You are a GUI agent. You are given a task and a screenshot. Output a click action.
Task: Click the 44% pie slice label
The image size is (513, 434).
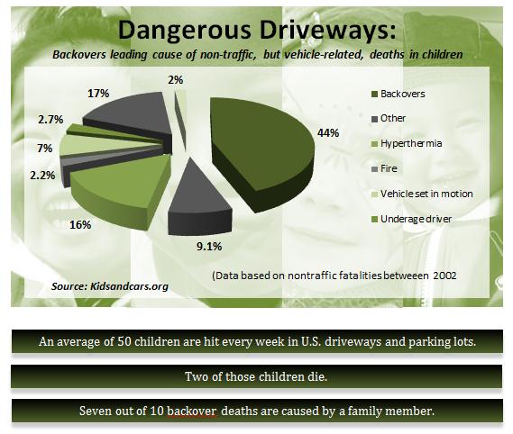coord(328,133)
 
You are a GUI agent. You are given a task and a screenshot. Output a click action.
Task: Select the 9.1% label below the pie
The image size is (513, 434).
coord(209,246)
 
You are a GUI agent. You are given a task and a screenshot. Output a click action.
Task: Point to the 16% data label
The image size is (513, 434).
coord(80,224)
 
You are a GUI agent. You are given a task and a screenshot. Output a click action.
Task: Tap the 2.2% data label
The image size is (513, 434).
coord(42,176)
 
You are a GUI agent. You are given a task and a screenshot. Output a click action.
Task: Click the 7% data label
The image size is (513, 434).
coord(45,149)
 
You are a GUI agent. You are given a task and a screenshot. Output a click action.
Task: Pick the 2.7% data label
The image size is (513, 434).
coord(50,120)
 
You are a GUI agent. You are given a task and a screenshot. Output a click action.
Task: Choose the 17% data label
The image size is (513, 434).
coord(98,94)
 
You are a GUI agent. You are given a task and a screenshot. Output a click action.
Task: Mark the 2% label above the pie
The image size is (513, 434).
coord(176,80)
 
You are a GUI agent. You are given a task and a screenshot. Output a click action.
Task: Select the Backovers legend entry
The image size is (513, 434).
coord(398,95)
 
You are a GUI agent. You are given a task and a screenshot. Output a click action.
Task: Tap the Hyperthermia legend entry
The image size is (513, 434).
coord(407,143)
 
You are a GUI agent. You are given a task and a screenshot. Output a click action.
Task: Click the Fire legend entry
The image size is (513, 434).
coord(384,168)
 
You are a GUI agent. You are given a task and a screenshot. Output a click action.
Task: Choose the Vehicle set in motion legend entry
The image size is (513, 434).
coord(422,194)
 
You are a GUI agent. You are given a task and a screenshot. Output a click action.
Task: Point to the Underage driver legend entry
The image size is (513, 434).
coord(412,219)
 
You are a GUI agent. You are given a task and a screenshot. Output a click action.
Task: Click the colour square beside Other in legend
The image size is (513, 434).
coord(375,119)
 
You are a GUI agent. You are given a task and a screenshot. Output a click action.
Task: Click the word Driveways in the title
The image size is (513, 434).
coord(328,30)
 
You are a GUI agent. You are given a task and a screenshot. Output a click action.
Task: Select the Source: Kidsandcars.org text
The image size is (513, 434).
coord(110,286)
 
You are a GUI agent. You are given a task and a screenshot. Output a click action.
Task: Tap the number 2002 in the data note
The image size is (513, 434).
coord(444,276)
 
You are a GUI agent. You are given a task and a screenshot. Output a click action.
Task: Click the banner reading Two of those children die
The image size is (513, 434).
coord(256,376)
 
